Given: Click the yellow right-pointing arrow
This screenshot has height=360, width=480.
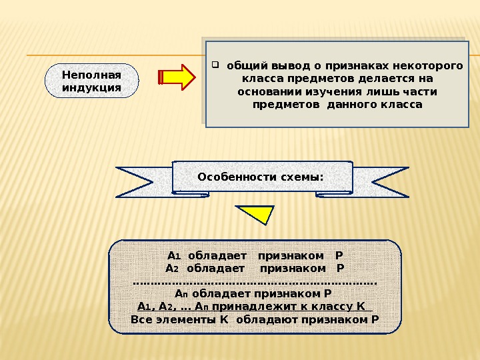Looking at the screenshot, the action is [x=177, y=77].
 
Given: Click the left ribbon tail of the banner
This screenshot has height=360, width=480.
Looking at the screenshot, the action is [x=143, y=182].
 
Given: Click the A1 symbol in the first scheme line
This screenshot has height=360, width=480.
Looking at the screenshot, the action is [x=174, y=255].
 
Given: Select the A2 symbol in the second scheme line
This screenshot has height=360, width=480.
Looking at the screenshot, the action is [x=172, y=268].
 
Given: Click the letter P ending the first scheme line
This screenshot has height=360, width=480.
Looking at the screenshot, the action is [x=339, y=255].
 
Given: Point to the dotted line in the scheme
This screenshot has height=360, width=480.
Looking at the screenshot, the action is [x=255, y=282].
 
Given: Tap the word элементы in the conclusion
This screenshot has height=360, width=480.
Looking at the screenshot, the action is [x=190, y=319].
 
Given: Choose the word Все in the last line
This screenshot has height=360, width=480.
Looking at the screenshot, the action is [x=141, y=319].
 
